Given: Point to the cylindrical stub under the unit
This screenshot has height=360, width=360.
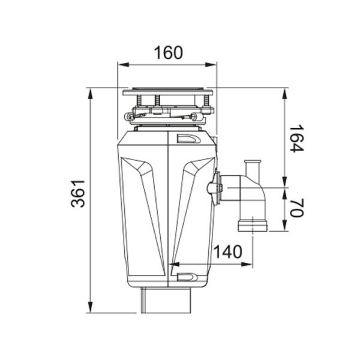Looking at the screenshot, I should pyautogui.click(x=167, y=299).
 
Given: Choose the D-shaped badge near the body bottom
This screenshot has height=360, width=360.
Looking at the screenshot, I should pyautogui.click(x=188, y=277).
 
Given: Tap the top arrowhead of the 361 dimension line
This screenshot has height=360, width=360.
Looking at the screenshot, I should pyautogui.click(x=90, y=92).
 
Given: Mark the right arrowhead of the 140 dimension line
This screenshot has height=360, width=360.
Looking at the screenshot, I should pyautogui.click(x=256, y=263).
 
